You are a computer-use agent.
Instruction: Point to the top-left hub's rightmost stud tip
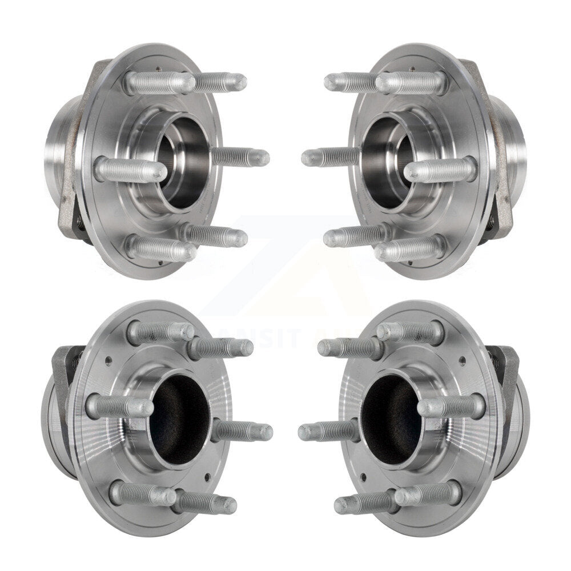[264, 158]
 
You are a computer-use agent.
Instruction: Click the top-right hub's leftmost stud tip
[307, 158]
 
